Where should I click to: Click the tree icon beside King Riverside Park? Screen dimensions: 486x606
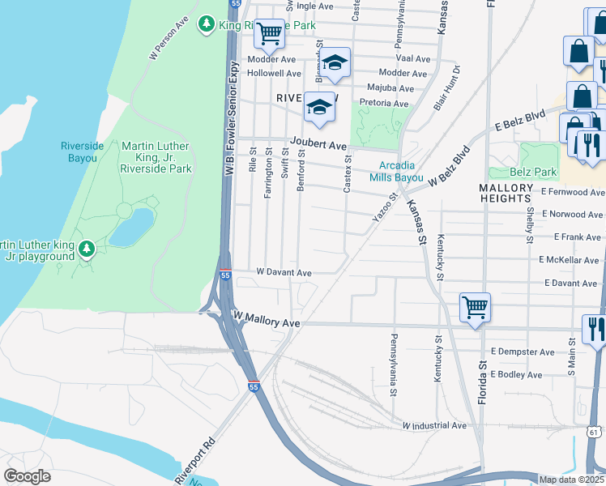pyautogui.click(x=208, y=24)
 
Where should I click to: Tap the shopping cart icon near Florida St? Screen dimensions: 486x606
pyautogui.click(x=475, y=308)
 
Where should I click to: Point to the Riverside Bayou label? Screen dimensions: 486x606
pyautogui.click(x=83, y=151)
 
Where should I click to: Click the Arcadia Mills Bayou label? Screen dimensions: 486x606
pyautogui.click(x=396, y=171)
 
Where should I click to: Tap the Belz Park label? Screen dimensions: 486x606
pyautogui.click(x=534, y=172)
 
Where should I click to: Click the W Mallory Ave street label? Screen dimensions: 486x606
pyautogui.click(x=267, y=322)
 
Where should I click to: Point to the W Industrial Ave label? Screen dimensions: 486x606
pyautogui.click(x=435, y=425)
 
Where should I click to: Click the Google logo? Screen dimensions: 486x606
pyautogui.click(x=27, y=475)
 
